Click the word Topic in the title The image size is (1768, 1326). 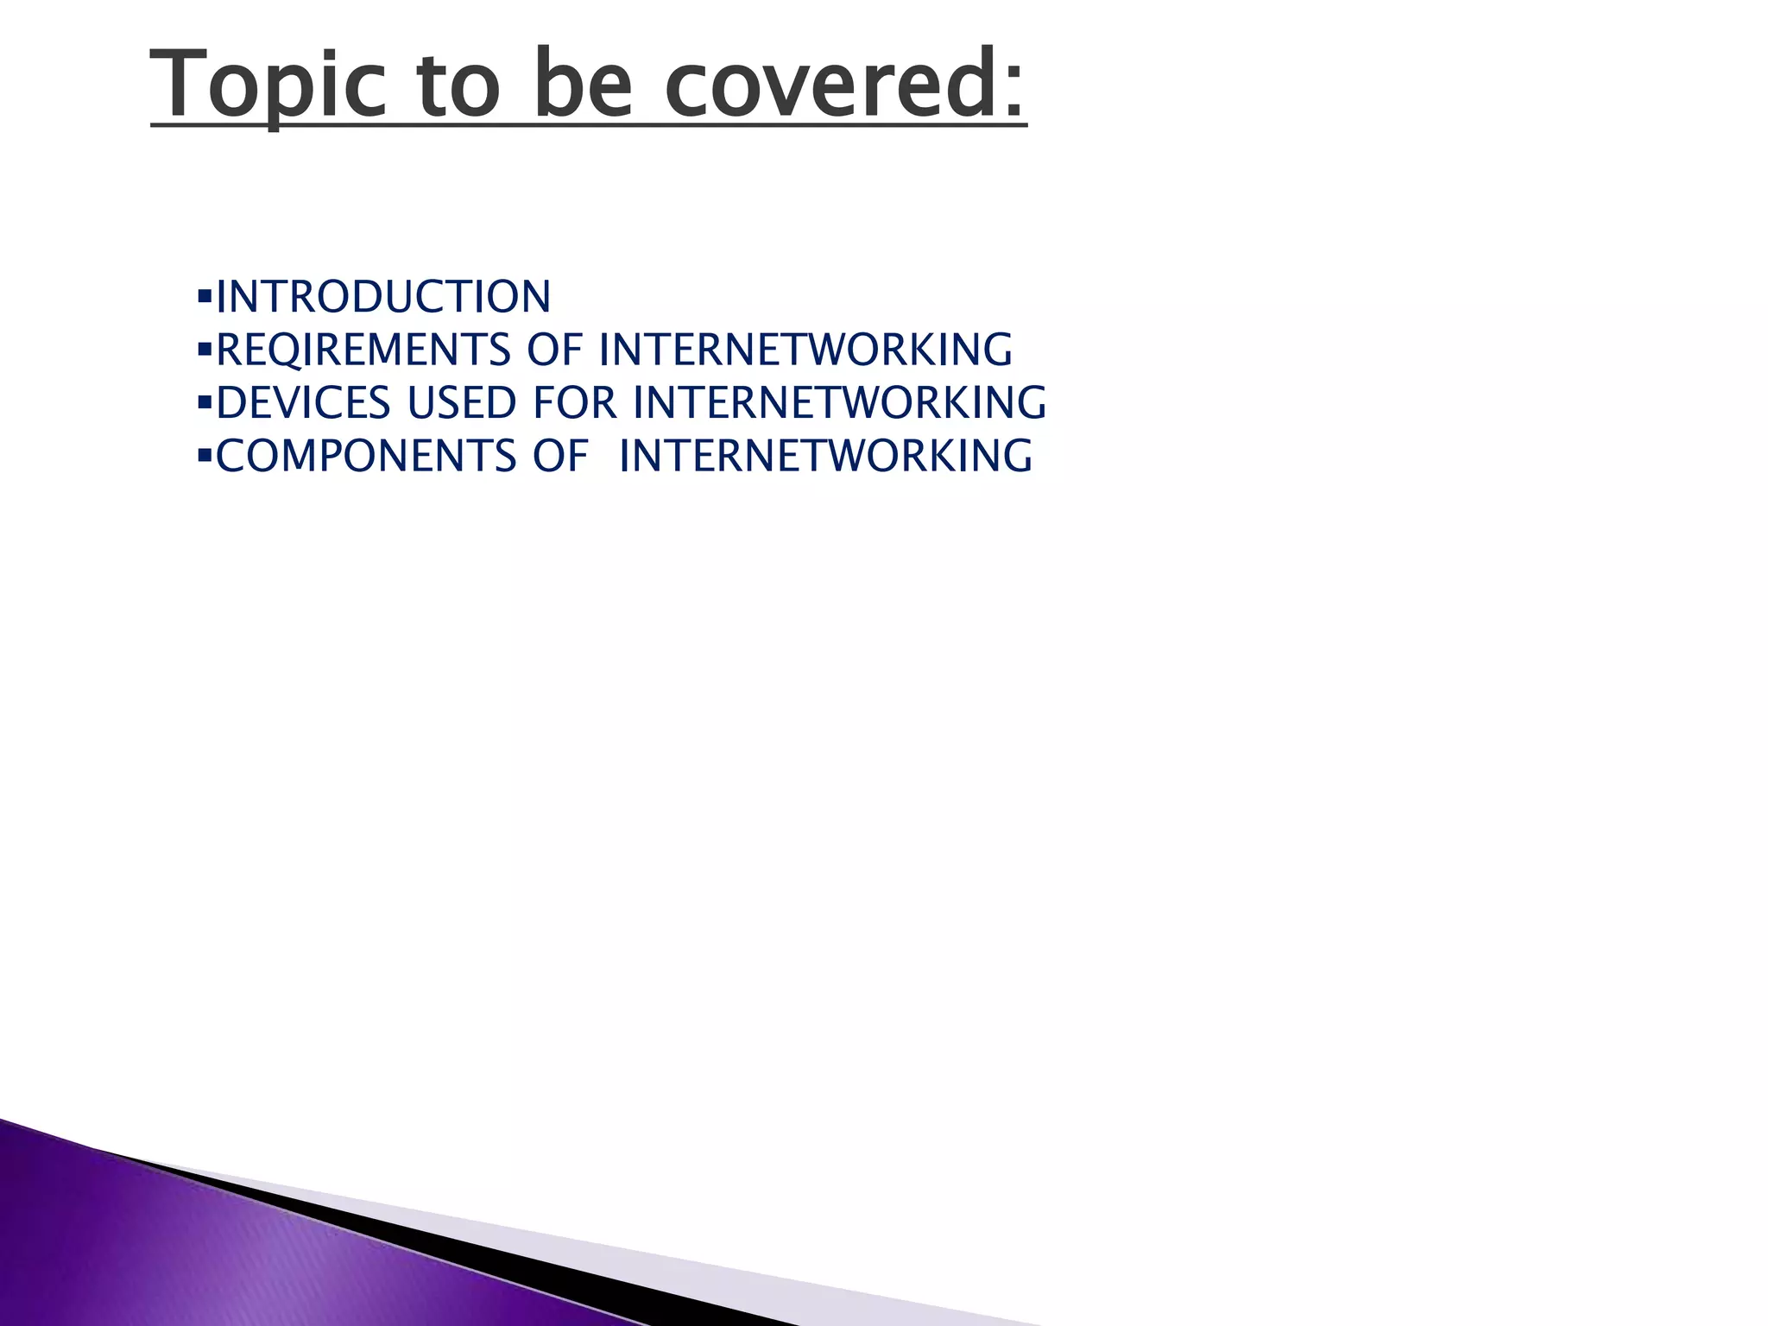click(268, 85)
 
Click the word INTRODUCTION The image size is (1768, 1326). click(383, 297)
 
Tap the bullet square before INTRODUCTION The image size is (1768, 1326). click(205, 297)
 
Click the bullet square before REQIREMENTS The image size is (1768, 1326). click(205, 350)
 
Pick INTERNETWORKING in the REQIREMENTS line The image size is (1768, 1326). click(805, 350)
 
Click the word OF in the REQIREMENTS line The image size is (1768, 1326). click(554, 350)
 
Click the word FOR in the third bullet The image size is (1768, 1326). click(575, 403)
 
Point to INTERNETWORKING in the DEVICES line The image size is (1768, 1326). click(839, 403)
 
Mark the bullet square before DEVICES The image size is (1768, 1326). click(205, 403)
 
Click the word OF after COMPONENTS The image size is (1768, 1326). click(560, 457)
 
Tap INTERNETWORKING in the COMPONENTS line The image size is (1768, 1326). click(825, 457)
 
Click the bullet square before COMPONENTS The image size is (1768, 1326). click(205, 457)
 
